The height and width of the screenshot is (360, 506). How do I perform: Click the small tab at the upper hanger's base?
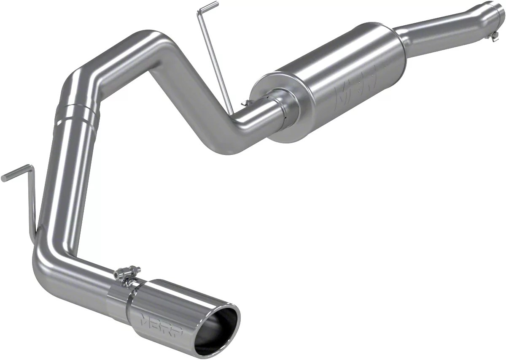pyautogui.click(x=244, y=103)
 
